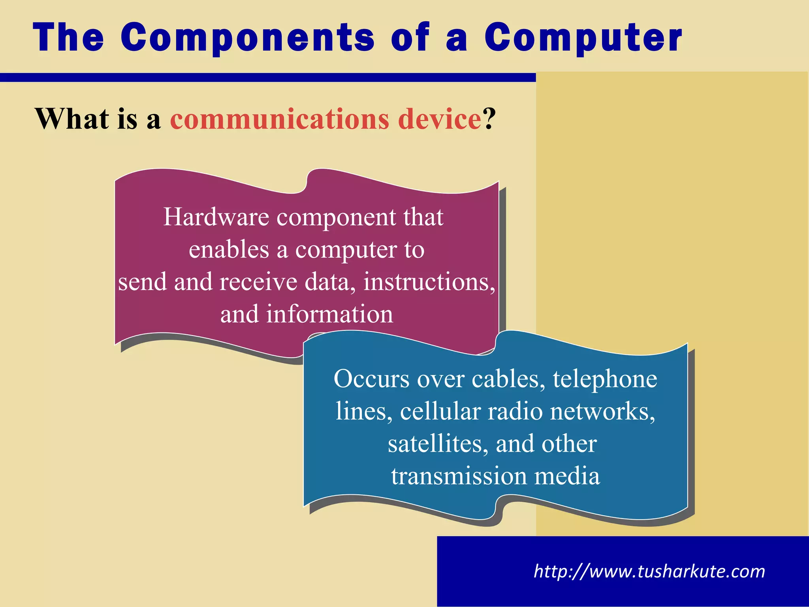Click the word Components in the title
pos(248,38)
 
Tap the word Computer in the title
pos(583,38)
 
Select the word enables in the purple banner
pos(229,250)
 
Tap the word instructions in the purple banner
pos(429,282)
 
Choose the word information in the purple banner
pos(329,315)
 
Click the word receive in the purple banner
pos(258,282)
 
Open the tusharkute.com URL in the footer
pos(649,571)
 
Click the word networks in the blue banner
pos(602,411)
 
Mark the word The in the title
pos(68,38)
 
